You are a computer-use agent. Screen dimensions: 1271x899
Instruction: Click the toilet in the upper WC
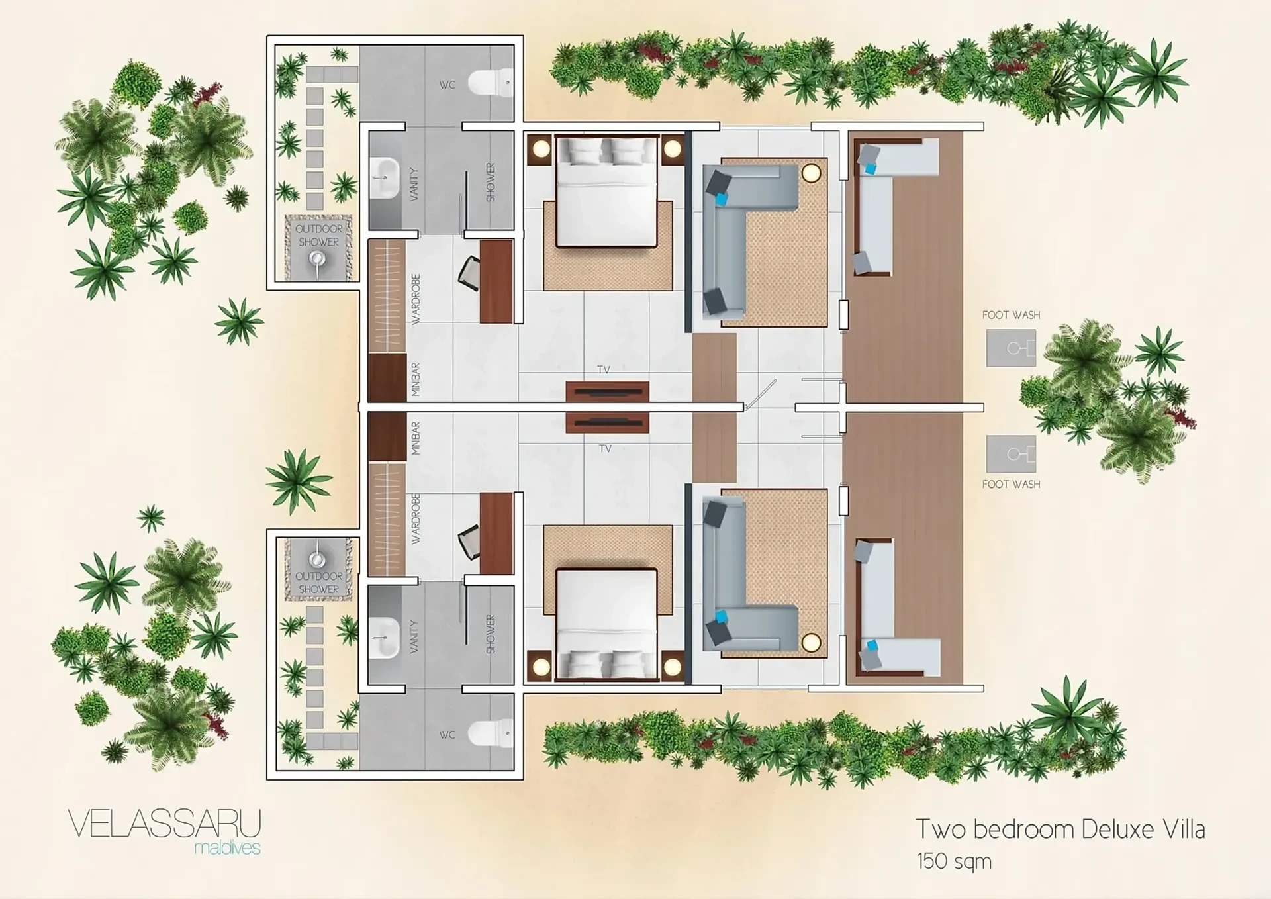490,83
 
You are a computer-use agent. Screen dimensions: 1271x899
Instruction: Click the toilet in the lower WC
490,733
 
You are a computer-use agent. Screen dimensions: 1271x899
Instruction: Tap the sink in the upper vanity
385,177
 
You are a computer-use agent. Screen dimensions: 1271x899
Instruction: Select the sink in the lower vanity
385,638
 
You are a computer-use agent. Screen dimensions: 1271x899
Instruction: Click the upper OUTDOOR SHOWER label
318,235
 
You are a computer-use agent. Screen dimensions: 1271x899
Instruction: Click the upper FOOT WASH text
1011,315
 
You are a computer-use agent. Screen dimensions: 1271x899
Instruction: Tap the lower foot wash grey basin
1011,453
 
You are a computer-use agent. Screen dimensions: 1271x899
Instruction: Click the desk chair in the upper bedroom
469,273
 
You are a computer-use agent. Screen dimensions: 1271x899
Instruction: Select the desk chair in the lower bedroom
469,542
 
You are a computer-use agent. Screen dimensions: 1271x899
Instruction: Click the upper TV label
603,369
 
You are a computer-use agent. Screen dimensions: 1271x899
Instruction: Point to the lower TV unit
607,422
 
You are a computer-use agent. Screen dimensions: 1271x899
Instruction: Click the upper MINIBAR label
416,379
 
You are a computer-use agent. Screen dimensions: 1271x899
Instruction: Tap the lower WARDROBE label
416,518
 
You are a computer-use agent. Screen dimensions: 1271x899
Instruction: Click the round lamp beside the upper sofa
811,173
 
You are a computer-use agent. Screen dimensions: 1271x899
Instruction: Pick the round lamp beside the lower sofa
811,641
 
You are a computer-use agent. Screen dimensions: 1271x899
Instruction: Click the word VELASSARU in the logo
165,824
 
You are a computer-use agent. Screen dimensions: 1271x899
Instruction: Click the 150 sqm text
954,861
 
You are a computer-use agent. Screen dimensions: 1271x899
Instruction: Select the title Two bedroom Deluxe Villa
1060,829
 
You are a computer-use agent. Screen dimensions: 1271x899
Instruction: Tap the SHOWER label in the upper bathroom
491,182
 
